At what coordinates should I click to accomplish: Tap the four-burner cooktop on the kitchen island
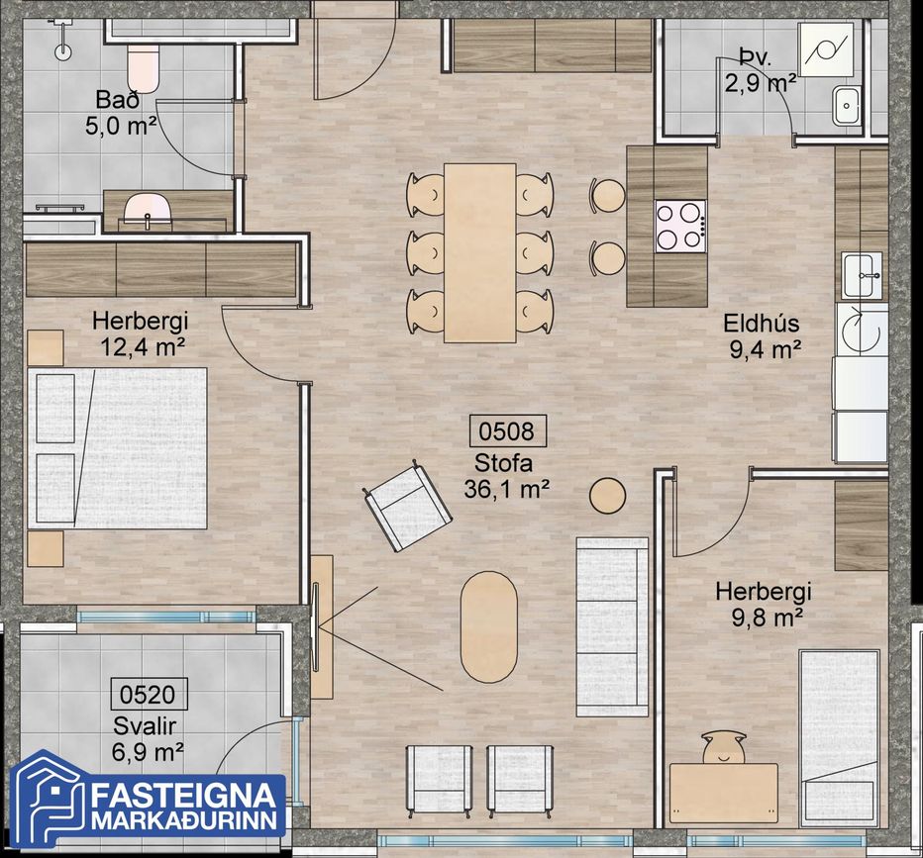point(681,227)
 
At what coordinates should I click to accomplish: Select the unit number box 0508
point(507,431)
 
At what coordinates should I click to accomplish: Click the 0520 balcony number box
point(149,694)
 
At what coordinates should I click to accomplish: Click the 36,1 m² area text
point(507,489)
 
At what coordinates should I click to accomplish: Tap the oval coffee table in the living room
point(489,626)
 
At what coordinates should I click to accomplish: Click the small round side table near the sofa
point(607,495)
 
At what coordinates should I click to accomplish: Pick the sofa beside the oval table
point(612,626)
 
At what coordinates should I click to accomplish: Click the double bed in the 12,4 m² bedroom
point(118,448)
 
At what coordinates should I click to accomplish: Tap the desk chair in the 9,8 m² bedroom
point(724,747)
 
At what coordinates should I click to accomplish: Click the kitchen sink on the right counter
point(863,275)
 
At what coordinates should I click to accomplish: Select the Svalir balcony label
point(145,726)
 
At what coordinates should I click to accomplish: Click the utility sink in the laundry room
point(847,106)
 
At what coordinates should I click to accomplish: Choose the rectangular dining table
point(479,253)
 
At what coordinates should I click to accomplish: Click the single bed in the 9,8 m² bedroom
point(839,736)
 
